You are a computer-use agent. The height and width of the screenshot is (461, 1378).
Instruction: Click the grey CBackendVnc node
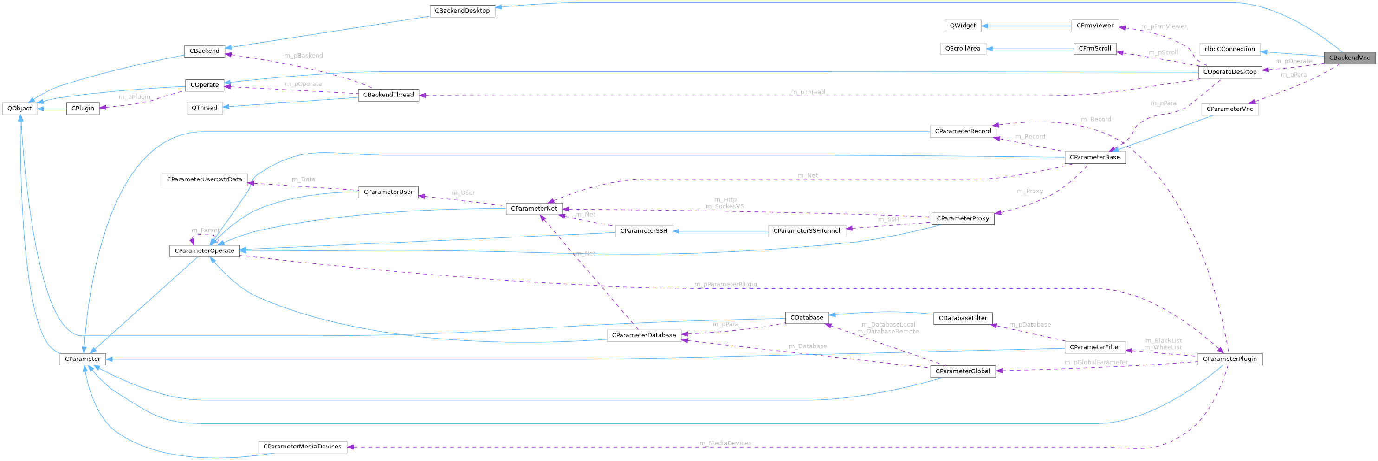point(1349,58)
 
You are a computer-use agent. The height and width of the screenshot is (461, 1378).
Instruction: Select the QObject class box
point(20,109)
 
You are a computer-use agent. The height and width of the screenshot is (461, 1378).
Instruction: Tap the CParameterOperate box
point(204,251)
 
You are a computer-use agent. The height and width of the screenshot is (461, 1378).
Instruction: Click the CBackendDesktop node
point(462,11)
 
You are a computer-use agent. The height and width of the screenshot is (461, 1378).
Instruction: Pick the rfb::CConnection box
point(1230,49)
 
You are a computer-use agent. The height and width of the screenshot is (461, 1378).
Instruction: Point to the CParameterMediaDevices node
point(302,447)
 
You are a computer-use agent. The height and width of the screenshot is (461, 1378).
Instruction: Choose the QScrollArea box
point(962,49)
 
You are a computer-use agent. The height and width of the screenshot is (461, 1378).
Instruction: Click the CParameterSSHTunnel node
point(807,231)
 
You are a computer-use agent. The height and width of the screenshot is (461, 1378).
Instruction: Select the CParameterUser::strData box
point(204,179)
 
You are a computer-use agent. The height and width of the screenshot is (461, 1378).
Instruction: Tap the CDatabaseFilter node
point(963,318)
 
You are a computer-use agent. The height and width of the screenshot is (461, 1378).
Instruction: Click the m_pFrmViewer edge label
point(1164,26)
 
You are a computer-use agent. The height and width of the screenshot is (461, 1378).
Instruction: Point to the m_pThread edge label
point(808,92)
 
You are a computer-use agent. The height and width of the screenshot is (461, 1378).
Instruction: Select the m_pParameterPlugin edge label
point(725,284)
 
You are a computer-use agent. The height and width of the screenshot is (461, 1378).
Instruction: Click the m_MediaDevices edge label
point(725,443)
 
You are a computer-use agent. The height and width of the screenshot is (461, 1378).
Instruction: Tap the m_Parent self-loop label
point(206,230)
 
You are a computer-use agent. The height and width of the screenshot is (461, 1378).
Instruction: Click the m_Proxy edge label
point(1030,191)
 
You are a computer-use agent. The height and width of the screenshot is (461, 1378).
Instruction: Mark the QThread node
point(204,108)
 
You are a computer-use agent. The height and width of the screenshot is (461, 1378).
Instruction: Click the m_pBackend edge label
point(304,56)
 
